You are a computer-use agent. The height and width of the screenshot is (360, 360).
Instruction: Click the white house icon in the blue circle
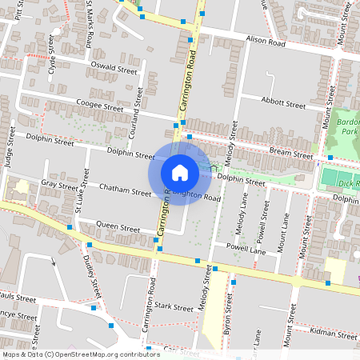(180, 173)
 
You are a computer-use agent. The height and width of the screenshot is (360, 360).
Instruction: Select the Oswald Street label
(114, 70)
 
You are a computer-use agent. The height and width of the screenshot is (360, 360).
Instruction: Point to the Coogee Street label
(99, 105)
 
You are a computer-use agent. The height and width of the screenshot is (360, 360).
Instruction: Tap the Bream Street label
(291, 154)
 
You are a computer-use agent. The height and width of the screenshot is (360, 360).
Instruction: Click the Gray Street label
(58, 184)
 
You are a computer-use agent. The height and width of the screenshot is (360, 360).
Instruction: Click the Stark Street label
(174, 306)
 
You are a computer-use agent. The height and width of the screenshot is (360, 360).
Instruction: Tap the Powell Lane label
(246, 250)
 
